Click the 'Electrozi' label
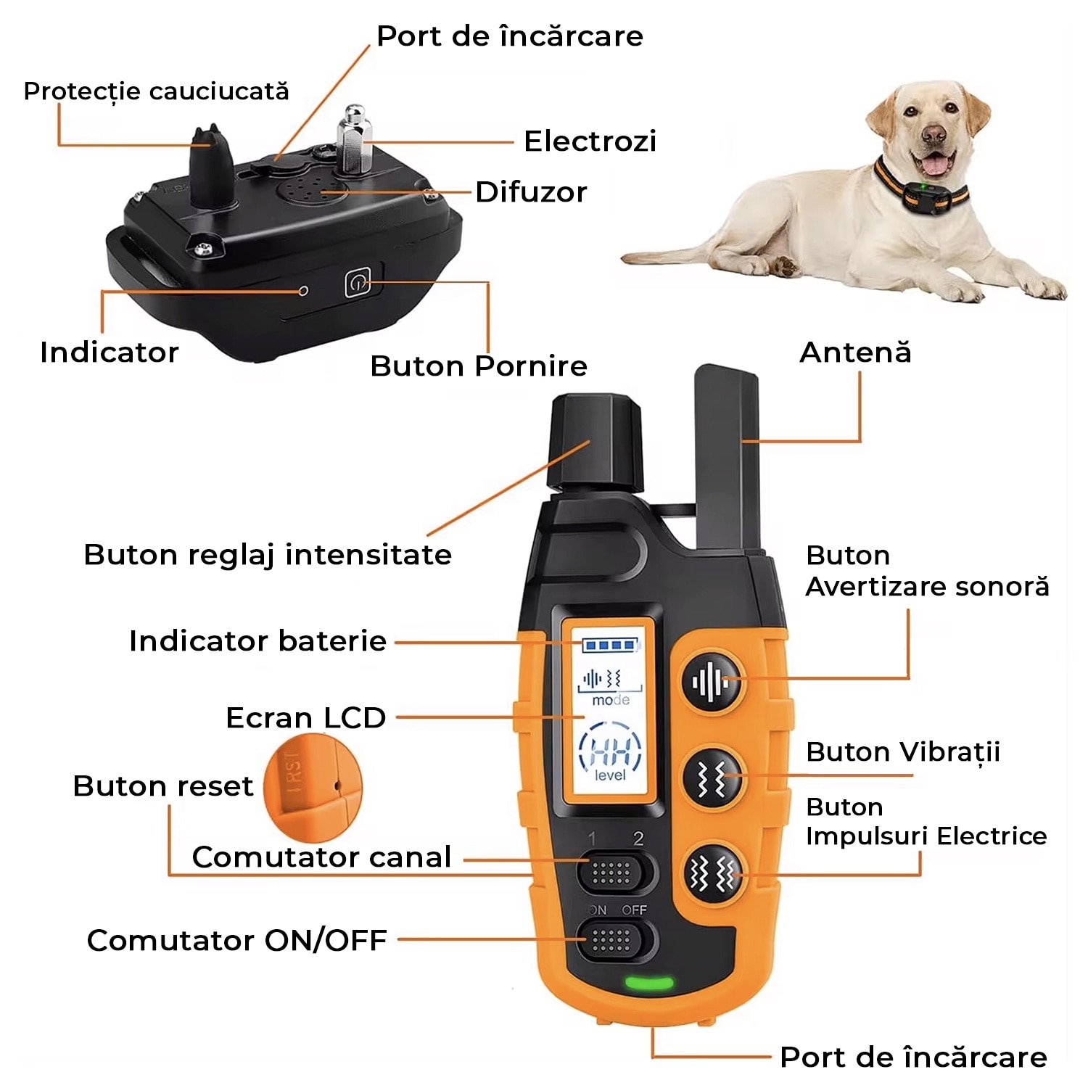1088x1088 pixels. [x=590, y=141]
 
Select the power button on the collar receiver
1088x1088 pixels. [x=357, y=283]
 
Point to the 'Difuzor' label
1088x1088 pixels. [x=531, y=192]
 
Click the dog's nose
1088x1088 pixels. [x=935, y=134]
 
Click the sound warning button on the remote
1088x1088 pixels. [x=712, y=682]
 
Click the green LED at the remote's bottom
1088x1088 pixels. [x=649, y=984]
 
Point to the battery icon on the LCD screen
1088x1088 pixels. [x=610, y=645]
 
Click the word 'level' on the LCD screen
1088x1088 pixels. [x=610, y=775]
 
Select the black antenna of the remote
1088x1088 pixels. [x=728, y=457]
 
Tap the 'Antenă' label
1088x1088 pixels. [x=855, y=353]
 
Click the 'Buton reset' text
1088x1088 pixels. [x=162, y=786]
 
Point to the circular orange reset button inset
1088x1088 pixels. [x=312, y=787]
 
